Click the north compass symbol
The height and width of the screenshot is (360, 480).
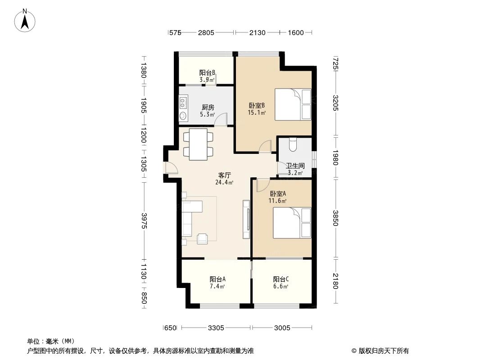(26, 20)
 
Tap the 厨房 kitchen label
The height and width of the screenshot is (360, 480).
(208, 107)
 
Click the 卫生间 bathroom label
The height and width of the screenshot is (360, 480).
(295, 166)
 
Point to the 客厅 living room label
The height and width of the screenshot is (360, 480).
(225, 175)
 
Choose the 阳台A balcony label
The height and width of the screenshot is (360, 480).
(217, 279)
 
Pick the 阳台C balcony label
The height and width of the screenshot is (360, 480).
(281, 279)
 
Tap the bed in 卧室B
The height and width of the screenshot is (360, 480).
(293, 104)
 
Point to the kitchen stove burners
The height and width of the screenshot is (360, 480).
(183, 103)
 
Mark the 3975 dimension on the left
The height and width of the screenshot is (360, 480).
(144, 220)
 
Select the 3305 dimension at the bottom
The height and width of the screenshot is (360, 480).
(216, 328)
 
